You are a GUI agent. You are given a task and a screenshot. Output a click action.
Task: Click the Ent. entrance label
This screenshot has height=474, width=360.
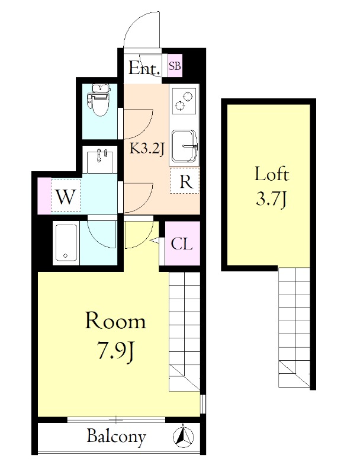pyautogui.click(x=144, y=68)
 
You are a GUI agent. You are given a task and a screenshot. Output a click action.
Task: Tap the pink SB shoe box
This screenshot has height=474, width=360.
pyautogui.click(x=175, y=66)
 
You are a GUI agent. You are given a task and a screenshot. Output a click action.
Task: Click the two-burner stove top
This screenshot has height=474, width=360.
pyautogui.click(x=184, y=100)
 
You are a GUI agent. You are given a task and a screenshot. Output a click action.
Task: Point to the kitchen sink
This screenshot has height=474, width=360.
pyautogui.click(x=185, y=146)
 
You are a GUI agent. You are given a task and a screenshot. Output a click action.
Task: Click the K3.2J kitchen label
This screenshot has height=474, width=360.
pyautogui.click(x=147, y=149)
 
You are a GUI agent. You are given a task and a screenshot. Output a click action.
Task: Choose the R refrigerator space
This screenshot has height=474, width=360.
pyautogui.click(x=185, y=181)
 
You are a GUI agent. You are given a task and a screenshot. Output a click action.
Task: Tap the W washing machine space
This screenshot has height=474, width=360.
pyautogui.click(x=66, y=196)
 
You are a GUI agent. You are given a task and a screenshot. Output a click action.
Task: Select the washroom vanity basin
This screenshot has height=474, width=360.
pyautogui.click(x=100, y=160)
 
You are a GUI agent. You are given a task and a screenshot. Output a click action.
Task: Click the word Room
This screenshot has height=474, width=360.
pyautogui.click(x=115, y=321)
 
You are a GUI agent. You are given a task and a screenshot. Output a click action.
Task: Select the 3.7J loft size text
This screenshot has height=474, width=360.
pyautogui.click(x=271, y=199)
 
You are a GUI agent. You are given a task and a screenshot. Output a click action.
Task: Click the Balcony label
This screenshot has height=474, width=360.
pyautogui.click(x=116, y=437)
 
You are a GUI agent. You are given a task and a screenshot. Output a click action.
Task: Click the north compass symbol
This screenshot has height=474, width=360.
pyautogui.click(x=184, y=437)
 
